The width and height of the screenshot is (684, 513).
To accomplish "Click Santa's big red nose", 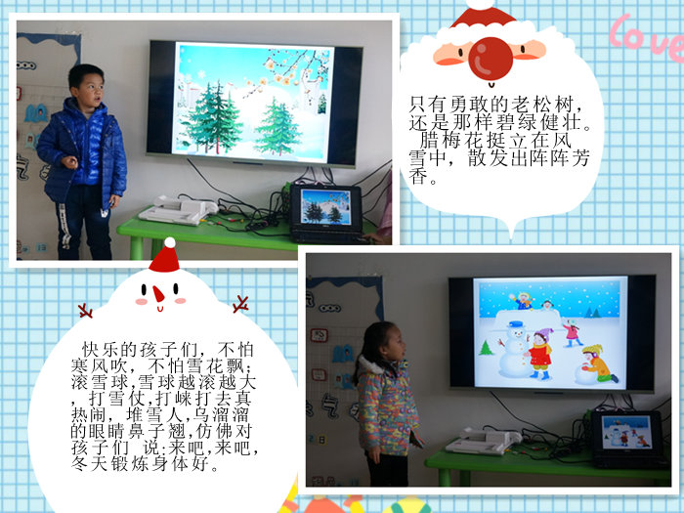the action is click(491, 59).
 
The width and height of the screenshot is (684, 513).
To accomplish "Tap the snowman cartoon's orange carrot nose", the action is click(158, 293).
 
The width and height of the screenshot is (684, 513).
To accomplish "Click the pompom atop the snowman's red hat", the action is click(170, 243).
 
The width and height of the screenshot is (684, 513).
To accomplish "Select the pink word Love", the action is click(647, 35).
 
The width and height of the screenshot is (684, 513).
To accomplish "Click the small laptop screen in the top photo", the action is click(325, 206).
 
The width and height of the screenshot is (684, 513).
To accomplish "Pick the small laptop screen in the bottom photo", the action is click(626, 432).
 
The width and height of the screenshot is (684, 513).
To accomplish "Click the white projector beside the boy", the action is click(178, 210).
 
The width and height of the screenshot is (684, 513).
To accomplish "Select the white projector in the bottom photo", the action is click(484, 442).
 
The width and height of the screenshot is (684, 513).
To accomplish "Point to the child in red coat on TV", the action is click(541, 354).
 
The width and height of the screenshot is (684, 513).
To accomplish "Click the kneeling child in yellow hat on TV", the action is click(598, 363).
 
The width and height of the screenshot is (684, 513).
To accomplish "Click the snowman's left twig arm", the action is click(86, 311).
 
